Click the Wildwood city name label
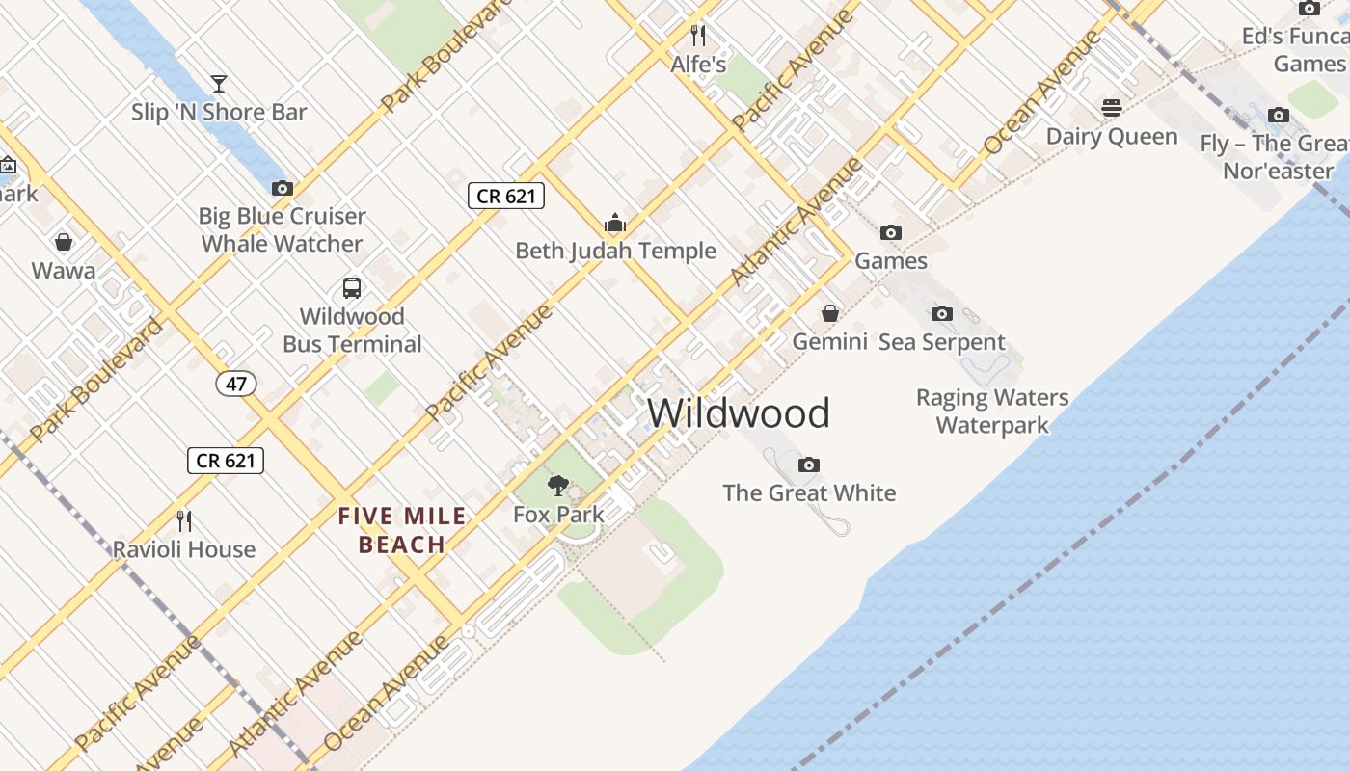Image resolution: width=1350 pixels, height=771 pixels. tap(738, 412)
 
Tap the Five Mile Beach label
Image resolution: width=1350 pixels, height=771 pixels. tap(402, 531)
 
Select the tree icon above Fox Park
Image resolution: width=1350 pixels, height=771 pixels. tap(557, 485)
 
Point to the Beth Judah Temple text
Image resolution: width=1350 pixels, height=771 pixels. tap(615, 251)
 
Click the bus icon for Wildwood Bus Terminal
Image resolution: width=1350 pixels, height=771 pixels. tap(352, 287)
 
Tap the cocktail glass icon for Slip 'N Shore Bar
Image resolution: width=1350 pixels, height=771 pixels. tap(219, 84)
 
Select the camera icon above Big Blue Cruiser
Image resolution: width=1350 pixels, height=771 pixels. tap(282, 188)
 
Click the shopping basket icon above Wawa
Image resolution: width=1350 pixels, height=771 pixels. tap(64, 242)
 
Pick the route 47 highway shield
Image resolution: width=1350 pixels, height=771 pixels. tap(236, 384)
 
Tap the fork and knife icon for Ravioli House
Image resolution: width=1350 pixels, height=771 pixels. tap(184, 521)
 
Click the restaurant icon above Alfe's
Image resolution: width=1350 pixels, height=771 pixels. tap(698, 36)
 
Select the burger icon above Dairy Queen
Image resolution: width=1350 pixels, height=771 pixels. tap(1112, 107)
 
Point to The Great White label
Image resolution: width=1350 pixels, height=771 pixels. tap(809, 492)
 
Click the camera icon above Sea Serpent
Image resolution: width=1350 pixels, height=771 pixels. tap(941, 313)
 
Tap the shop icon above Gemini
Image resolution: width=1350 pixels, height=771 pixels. tap(829, 313)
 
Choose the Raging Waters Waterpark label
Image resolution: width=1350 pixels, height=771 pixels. tap(992, 411)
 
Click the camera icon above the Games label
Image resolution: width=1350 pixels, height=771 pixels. tap(891, 232)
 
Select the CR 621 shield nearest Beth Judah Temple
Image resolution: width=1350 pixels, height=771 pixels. tap(506, 196)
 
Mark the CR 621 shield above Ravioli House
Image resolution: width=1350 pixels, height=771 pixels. tap(225, 461)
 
